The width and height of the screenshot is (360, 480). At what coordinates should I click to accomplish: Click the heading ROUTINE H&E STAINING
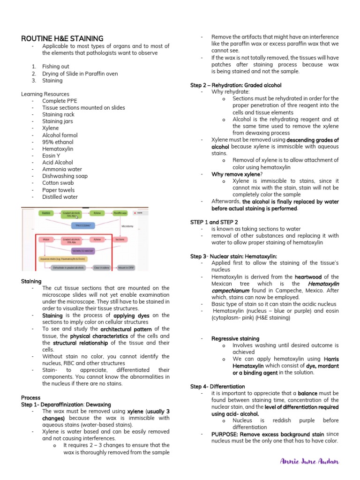coord(62,38)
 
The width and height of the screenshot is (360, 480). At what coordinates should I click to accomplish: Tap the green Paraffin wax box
coord(120,213)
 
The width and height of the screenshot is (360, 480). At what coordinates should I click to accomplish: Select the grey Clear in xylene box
coord(101,268)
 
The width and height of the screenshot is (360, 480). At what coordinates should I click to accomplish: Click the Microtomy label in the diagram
coord(127,226)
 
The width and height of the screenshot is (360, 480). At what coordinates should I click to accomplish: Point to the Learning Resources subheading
coord(45,94)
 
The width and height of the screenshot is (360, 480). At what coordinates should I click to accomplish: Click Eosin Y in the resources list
coord(51,156)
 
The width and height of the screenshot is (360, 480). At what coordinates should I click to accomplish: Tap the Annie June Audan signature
coord(309,461)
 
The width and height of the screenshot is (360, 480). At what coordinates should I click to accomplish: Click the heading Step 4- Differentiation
coord(217,386)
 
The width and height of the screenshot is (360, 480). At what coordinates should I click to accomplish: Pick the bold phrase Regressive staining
coord(235,338)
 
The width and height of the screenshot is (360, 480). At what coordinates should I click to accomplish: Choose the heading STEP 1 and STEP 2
coord(214,222)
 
